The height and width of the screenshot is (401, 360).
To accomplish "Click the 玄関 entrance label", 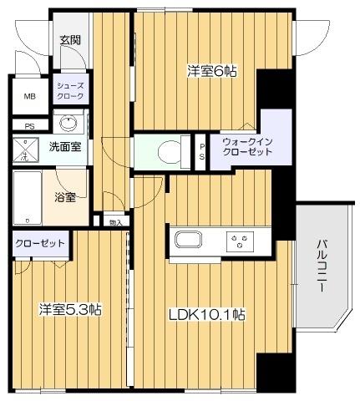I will click(69, 40).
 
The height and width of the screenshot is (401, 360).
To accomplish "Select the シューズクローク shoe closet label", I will click(68, 91).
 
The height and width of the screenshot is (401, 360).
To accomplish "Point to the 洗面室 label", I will click(63, 148).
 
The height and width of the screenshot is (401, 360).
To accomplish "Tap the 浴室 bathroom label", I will click(65, 198).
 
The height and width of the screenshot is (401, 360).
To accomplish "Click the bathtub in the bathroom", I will click(26, 198).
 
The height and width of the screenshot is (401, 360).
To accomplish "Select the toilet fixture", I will click(168, 151).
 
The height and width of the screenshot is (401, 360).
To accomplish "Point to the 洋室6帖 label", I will click(211, 72).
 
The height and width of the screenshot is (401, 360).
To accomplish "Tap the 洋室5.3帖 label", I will click(70, 310).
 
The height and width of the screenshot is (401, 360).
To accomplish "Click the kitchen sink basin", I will click(187, 242).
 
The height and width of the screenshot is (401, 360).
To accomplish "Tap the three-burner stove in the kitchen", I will click(241, 243).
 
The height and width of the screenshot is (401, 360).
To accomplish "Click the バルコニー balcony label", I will click(322, 266).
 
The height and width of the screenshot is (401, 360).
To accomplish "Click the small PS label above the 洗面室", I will click(29, 127).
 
